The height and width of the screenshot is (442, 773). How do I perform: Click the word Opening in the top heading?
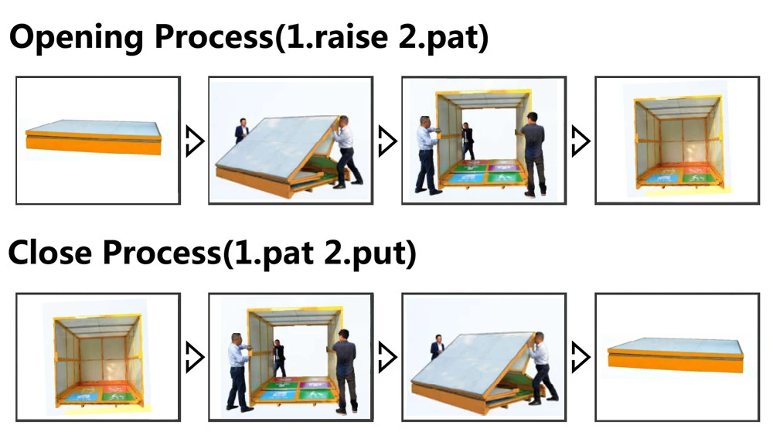(x=77, y=37)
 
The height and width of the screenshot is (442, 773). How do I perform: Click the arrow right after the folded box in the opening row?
(x=194, y=141)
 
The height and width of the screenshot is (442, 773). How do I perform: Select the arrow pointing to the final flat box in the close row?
(x=581, y=357)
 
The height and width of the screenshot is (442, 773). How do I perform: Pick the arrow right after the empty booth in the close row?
(x=194, y=357)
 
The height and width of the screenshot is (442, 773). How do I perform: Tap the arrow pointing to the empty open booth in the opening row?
(x=581, y=141)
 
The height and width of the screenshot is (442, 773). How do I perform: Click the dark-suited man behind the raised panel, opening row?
(x=241, y=131)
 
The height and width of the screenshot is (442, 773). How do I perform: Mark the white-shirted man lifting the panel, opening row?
(x=348, y=152)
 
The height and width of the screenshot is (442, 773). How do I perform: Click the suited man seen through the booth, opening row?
(x=468, y=141)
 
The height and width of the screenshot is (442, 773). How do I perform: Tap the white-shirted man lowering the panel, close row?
(x=542, y=368)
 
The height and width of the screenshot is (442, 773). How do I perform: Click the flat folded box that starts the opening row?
(x=94, y=137)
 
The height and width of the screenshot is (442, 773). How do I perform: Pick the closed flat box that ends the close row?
(x=676, y=355)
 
